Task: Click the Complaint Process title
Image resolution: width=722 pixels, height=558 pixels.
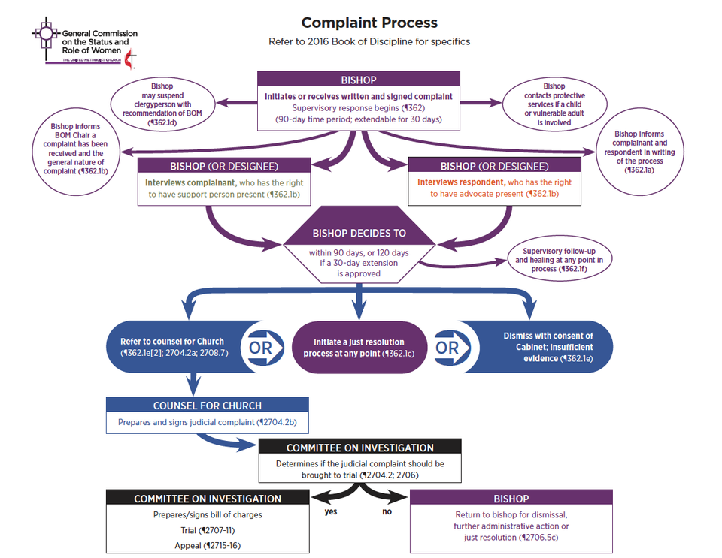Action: coord(369,23)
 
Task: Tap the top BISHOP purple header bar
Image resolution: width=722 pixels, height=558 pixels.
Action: coord(359,80)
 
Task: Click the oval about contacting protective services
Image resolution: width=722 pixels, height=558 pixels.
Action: coord(554,104)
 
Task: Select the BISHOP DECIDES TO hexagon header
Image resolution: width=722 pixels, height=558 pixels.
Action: coord(359,234)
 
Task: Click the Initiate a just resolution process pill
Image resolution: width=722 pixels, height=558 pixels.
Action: coord(358,347)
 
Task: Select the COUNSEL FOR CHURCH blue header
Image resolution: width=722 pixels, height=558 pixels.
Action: coord(207,405)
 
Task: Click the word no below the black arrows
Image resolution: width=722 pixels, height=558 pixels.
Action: coord(387,512)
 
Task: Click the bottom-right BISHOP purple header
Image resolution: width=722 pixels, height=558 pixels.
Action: coord(511,499)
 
